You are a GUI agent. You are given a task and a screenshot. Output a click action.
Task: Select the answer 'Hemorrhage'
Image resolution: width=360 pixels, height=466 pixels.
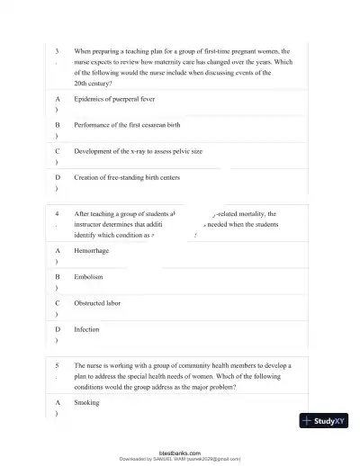click(x=93, y=251)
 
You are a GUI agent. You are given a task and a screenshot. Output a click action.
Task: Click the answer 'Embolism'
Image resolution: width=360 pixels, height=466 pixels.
click(x=89, y=277)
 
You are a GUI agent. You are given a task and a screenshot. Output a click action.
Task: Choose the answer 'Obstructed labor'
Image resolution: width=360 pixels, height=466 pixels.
click(x=97, y=304)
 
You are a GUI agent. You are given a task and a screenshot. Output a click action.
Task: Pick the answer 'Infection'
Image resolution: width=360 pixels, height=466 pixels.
click(x=87, y=330)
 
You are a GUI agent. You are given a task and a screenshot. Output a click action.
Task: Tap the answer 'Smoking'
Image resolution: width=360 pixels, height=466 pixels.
click(x=87, y=403)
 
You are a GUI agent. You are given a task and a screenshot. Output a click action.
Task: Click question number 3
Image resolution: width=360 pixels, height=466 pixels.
click(x=57, y=52)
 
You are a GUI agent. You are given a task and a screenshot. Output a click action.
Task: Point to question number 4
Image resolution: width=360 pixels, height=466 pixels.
click(x=57, y=214)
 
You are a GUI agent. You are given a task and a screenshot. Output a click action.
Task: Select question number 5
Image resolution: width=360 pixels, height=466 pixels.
click(x=57, y=367)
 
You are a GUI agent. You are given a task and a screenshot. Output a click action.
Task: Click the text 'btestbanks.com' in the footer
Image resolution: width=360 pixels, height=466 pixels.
click(x=180, y=453)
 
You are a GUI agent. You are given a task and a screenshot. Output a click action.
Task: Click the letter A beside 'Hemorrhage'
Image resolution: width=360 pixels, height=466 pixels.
click(x=58, y=251)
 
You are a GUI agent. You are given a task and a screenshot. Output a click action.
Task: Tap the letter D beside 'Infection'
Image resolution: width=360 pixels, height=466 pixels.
click(x=58, y=330)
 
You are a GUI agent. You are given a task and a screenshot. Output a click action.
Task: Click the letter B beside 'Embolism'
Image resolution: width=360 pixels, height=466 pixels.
click(x=58, y=277)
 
